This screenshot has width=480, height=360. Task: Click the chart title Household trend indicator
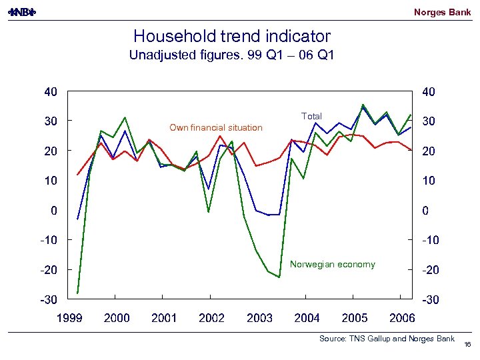[231, 36]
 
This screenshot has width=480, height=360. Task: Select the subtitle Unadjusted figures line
[231, 55]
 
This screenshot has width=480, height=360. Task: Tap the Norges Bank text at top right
[442, 12]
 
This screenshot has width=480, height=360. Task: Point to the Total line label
[311, 117]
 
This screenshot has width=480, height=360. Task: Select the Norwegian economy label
[333, 265]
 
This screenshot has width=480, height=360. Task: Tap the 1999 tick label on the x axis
[69, 318]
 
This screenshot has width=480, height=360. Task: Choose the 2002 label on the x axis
[212, 318]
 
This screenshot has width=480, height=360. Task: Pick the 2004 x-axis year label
[307, 318]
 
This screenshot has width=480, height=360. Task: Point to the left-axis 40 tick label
[51, 91]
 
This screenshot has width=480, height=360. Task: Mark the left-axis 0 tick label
[53, 210]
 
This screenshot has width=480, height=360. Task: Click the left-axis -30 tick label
[48, 300]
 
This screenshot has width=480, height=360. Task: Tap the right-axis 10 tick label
[429, 181]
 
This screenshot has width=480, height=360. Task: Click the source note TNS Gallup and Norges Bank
[387, 339]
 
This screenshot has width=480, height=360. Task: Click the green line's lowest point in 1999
[77, 293]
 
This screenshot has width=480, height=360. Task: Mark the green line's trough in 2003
[279, 277]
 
